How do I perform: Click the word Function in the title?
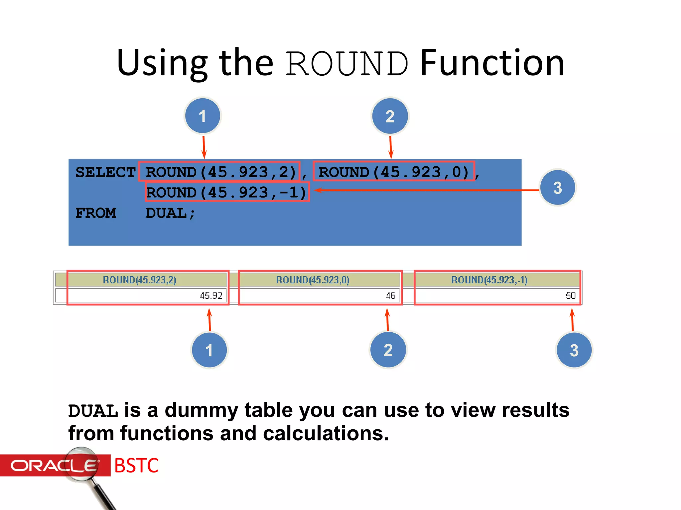492,63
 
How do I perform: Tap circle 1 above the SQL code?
203,116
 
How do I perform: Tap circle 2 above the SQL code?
390,116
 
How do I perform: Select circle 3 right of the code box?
557,188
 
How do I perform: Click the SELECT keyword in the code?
105,172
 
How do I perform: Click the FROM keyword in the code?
96,213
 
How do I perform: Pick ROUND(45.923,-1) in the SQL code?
227,192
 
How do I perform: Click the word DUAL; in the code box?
170,213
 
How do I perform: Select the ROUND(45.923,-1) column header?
489,280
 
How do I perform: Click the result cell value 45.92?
211,296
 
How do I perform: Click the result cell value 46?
390,296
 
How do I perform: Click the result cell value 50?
570,296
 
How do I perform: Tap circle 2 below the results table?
388,350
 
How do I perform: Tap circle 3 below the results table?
574,350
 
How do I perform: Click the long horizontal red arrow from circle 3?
426,190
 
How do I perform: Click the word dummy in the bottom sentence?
201,410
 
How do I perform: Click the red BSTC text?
136,466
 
